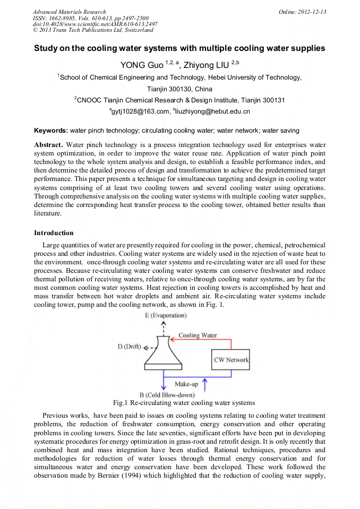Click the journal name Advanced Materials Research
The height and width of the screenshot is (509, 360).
click(69, 12)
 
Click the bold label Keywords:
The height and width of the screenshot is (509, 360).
click(51, 131)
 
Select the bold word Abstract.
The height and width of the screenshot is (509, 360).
click(48, 145)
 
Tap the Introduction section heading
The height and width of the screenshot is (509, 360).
click(54, 233)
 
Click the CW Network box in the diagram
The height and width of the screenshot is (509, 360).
click(231, 360)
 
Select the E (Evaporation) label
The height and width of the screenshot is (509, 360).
click(165, 316)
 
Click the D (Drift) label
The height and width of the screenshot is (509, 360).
click(129, 347)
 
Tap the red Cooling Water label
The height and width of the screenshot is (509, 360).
click(197, 335)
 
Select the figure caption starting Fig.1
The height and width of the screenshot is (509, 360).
click(180, 403)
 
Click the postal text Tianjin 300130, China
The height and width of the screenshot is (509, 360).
click(179, 89)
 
